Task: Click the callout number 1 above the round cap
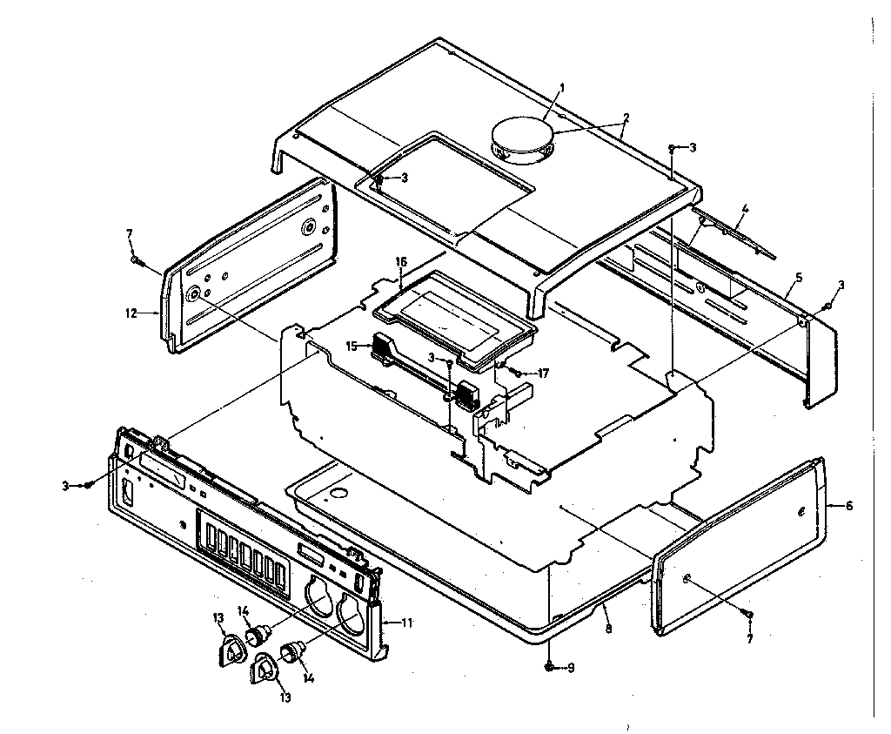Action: click(x=562, y=87)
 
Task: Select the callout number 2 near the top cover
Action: click(x=626, y=117)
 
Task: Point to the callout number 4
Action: click(x=746, y=209)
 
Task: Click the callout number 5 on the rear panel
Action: click(x=798, y=278)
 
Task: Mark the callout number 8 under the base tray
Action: click(x=608, y=629)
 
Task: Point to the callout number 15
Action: click(x=352, y=346)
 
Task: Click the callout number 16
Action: click(x=401, y=260)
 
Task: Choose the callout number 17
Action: click(x=543, y=374)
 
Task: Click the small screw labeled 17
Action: click(x=517, y=373)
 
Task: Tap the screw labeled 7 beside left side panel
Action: click(x=136, y=259)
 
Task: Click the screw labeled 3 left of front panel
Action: click(x=88, y=485)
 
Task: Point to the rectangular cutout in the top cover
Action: click(x=444, y=185)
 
